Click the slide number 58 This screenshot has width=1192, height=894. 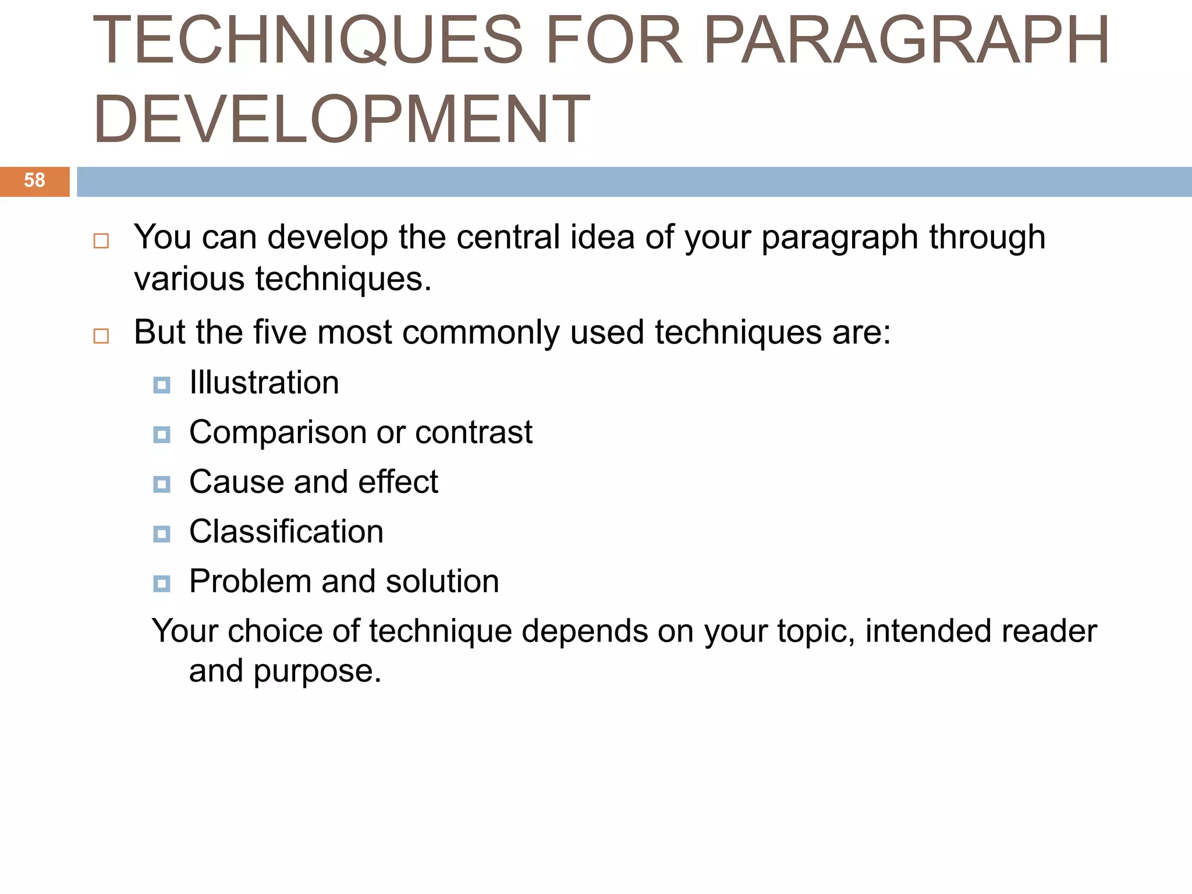[x=34, y=180]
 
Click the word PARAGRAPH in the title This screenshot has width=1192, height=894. [x=906, y=40]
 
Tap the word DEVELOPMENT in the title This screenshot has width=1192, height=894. [x=342, y=119]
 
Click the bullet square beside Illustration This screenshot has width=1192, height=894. [x=162, y=385]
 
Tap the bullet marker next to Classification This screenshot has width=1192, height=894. [x=162, y=534]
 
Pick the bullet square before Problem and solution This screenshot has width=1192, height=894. [x=162, y=583]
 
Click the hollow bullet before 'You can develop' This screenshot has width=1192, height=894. [x=101, y=241]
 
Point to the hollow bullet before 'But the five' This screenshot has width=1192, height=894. [x=101, y=336]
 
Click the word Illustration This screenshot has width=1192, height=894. [x=264, y=383]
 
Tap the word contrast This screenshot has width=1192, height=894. [x=474, y=433]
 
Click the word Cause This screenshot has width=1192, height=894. [x=236, y=483]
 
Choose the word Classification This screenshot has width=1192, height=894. [x=286, y=532]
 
